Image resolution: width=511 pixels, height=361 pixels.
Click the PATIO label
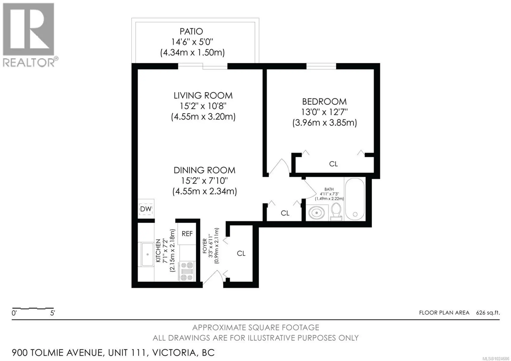pos(191,31)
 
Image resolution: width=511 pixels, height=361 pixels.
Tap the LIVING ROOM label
pos(203,96)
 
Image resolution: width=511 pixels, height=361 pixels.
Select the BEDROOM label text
pos(324,102)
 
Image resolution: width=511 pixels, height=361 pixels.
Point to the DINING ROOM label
pos(204,170)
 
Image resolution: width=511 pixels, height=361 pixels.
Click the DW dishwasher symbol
pos(146,209)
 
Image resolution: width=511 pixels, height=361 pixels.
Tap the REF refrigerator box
pos(187,234)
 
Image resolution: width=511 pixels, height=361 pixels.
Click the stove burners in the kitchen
pos(187,271)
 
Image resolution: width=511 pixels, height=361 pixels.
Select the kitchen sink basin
pos(147,255)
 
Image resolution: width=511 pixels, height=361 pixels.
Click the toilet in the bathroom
pos(336,211)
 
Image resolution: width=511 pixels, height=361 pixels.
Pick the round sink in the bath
pos(316,213)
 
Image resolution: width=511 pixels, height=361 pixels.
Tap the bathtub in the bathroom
pos(355,199)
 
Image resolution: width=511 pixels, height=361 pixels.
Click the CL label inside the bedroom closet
pos(333,164)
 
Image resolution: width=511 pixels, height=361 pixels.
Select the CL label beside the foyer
pos(241,253)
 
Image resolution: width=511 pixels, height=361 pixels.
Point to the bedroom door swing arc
pos(279,166)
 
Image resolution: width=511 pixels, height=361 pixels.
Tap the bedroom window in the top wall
pos(321,66)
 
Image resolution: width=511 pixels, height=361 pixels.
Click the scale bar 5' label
pos(52,313)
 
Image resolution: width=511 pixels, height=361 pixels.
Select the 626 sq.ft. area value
pos(488,313)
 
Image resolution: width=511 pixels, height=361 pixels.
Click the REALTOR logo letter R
pos(28,29)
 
